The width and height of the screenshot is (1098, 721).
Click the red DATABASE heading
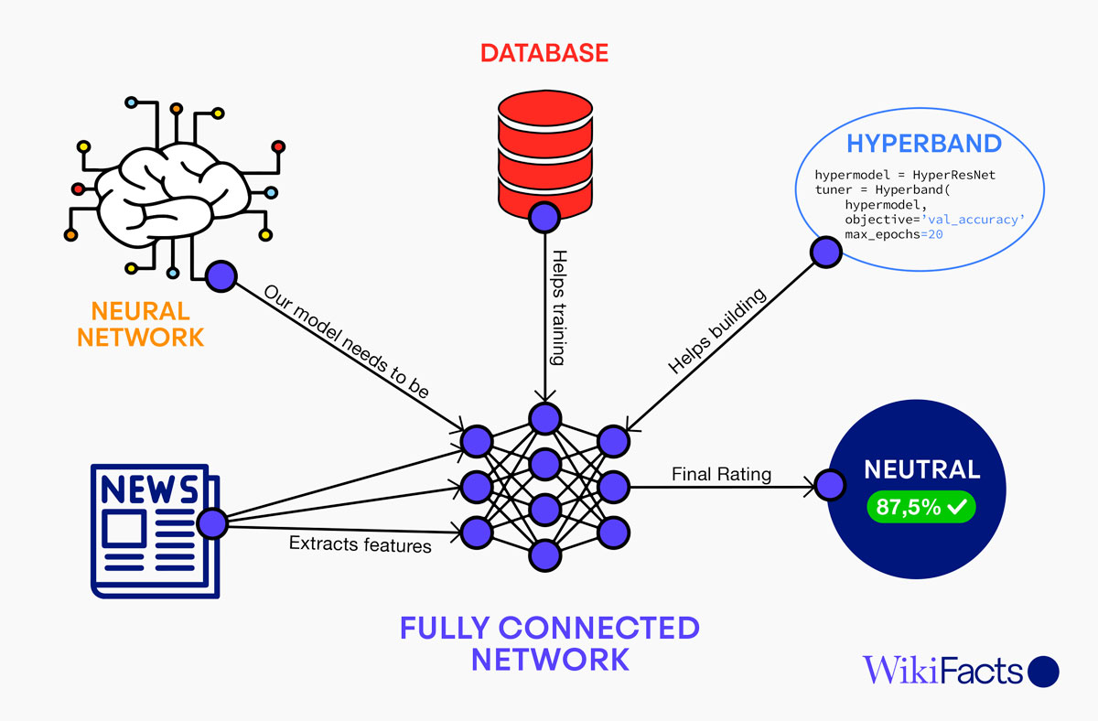(544, 53)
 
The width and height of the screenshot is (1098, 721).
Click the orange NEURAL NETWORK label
(140, 323)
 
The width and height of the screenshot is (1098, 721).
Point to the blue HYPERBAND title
(923, 144)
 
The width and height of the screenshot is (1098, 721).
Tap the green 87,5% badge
(922, 507)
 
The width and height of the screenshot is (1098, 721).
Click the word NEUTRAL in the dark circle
(922, 470)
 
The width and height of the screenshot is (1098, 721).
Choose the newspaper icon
(151, 529)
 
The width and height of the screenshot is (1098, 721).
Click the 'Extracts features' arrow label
(360, 544)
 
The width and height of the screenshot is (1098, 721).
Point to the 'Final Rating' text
(721, 474)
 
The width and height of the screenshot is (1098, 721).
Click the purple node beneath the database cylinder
(544, 217)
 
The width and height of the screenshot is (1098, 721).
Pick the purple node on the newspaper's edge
(212, 523)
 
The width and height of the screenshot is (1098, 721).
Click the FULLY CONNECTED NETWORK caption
(549, 643)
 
